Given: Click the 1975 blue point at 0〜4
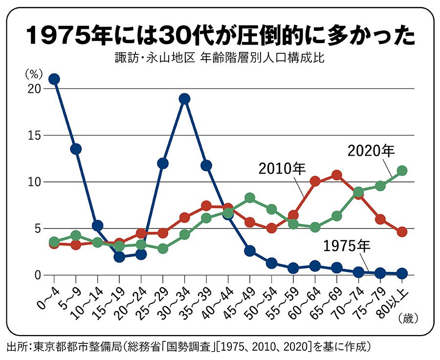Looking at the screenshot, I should click(54, 79).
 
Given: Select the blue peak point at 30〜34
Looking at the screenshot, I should click(184, 99).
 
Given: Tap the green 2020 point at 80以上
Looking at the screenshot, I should click(402, 171).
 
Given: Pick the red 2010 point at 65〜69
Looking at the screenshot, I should click(337, 175).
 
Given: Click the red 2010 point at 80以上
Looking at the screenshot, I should click(402, 232).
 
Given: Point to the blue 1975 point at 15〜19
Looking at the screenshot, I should click(119, 257).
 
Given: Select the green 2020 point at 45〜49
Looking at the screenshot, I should click(250, 198).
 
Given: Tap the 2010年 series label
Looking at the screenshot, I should click(282, 169).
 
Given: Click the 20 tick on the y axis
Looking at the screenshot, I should click(34, 89).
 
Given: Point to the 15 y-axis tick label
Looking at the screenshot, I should click(34, 135).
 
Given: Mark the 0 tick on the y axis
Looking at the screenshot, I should click(37, 275).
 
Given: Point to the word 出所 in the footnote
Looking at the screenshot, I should click(16, 348).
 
